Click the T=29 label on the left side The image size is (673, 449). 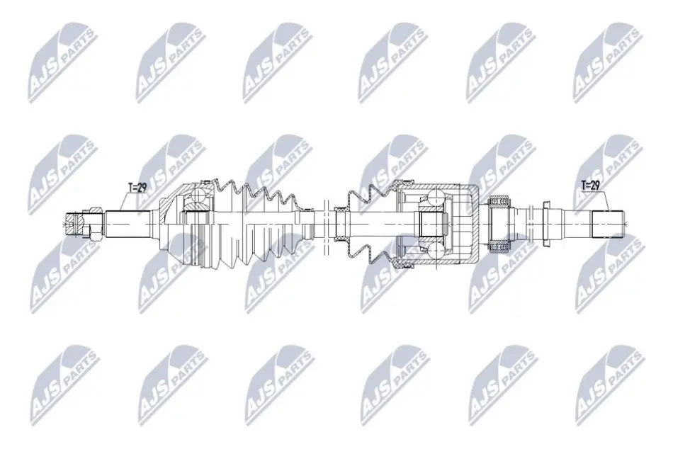[x=137, y=187]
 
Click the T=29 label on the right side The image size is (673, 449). [x=590, y=185]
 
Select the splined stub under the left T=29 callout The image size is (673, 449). [x=128, y=223]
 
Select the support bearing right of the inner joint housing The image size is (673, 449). [x=499, y=223]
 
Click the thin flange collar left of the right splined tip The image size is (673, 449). [x=547, y=223]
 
